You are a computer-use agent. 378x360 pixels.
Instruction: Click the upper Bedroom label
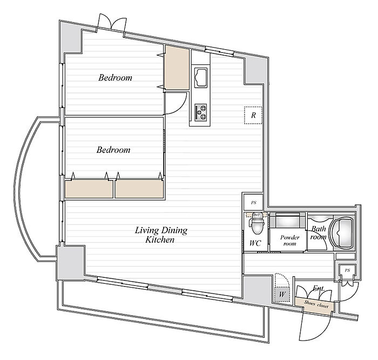click(115, 78)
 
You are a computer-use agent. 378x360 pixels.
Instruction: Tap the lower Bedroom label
click(113, 150)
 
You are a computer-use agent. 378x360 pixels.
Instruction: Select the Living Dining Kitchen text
click(160, 235)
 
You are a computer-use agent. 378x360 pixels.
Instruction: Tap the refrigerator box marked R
click(253, 115)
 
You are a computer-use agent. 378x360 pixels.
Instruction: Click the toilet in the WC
click(255, 223)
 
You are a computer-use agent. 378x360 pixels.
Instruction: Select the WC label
click(255, 243)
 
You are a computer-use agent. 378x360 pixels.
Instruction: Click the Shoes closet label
click(315, 305)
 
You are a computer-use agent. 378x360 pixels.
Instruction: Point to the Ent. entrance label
click(319, 290)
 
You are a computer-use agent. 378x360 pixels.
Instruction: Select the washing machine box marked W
click(281, 295)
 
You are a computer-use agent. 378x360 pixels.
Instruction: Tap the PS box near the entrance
click(347, 270)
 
